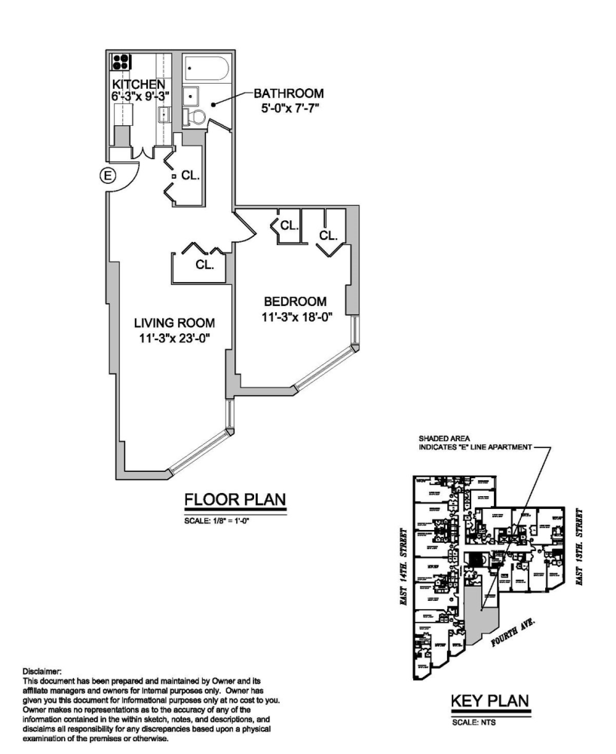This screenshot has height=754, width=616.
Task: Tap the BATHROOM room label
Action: click(288, 94)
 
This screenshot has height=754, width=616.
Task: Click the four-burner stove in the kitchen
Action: click(121, 63)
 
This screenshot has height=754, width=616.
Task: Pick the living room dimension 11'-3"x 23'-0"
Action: click(174, 339)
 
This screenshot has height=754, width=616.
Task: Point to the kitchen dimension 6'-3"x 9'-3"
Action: click(140, 96)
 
